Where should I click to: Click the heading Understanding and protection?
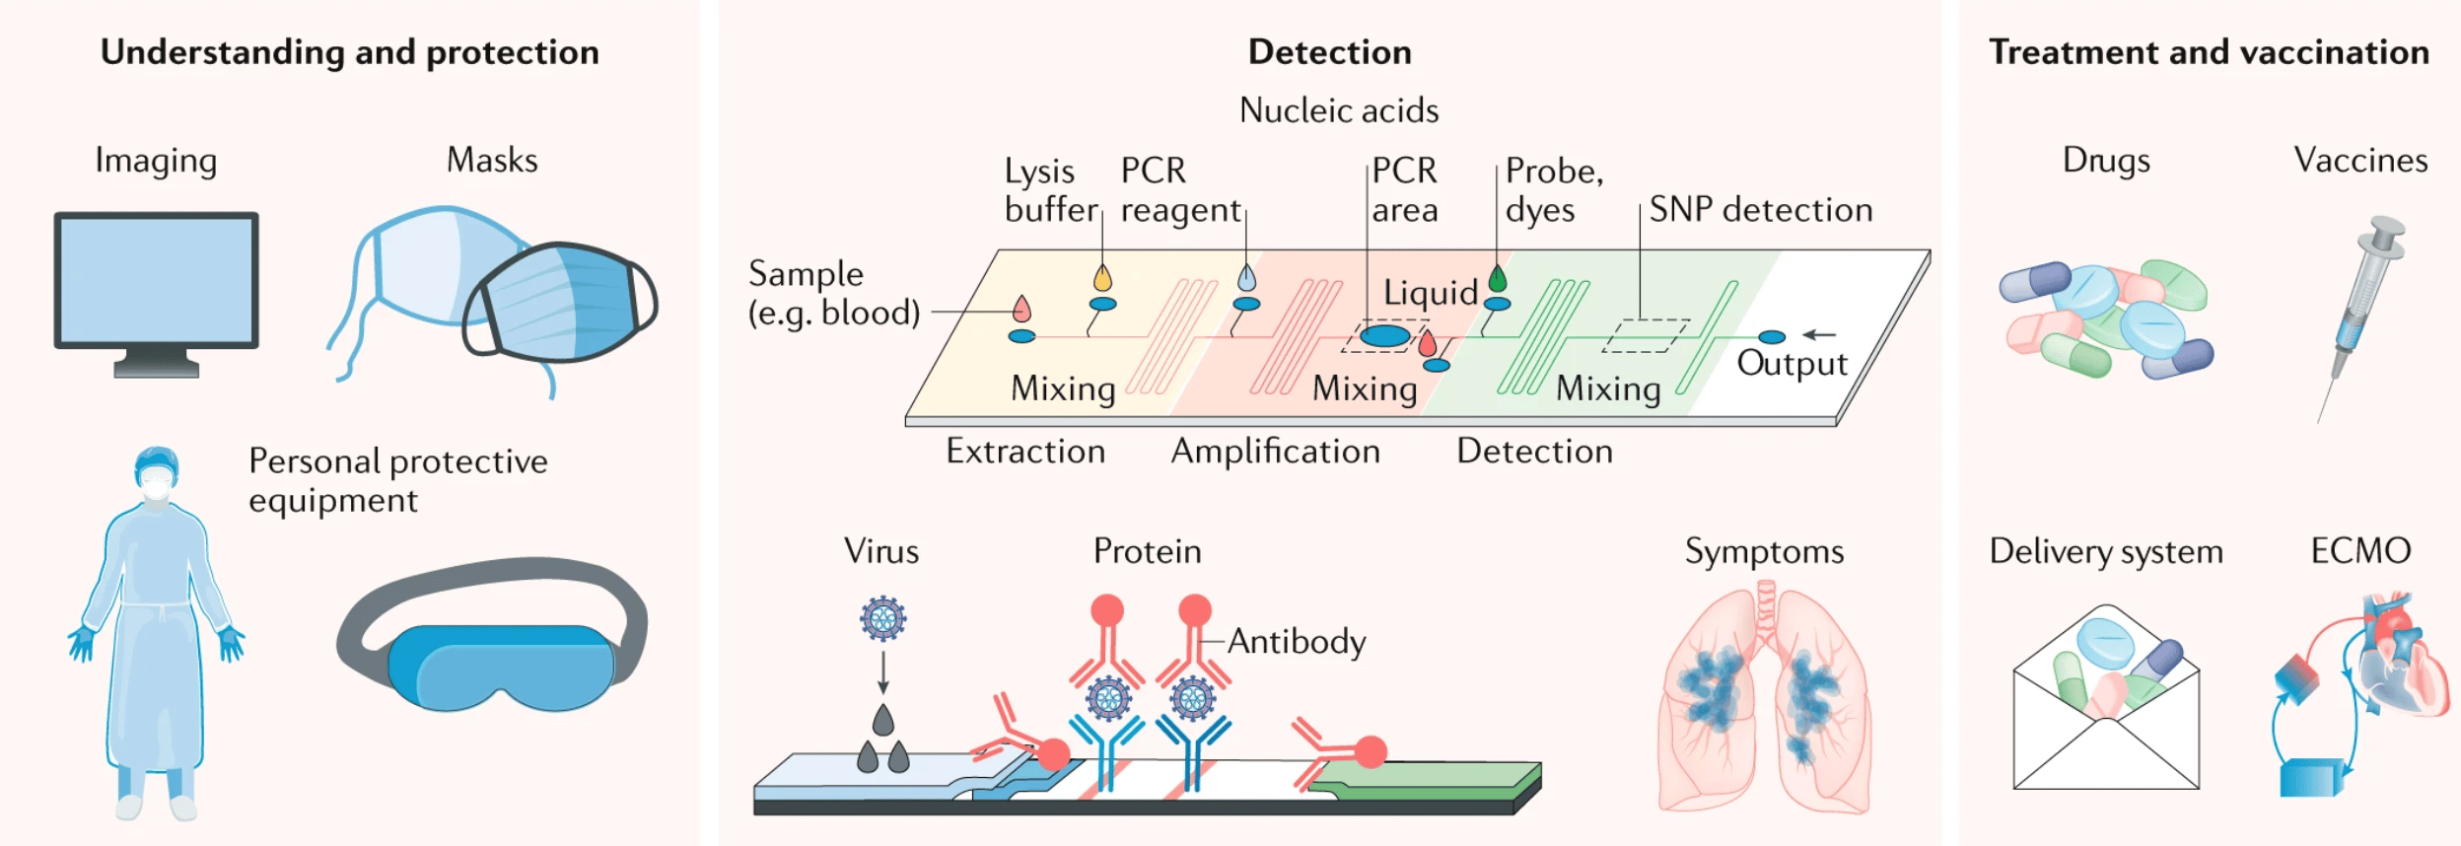pyautogui.click(x=349, y=52)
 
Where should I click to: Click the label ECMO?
pyautogui.click(x=2360, y=550)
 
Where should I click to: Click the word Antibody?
pyautogui.click(x=1297, y=642)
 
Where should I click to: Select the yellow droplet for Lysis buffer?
pyautogui.click(x=1102, y=278)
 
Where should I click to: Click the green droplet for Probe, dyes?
pyautogui.click(x=1498, y=279)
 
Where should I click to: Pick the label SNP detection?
pyautogui.click(x=1760, y=209)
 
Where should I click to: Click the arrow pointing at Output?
pyautogui.click(x=1819, y=335)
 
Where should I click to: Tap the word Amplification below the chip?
pyautogui.click(x=1275, y=452)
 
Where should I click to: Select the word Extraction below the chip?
pyautogui.click(x=1025, y=452)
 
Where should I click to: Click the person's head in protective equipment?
pyautogui.click(x=157, y=473)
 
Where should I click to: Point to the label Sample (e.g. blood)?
pyautogui.click(x=833, y=293)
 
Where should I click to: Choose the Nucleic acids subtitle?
pyautogui.click(x=1338, y=110)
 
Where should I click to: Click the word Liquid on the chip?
pyautogui.click(x=1430, y=293)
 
